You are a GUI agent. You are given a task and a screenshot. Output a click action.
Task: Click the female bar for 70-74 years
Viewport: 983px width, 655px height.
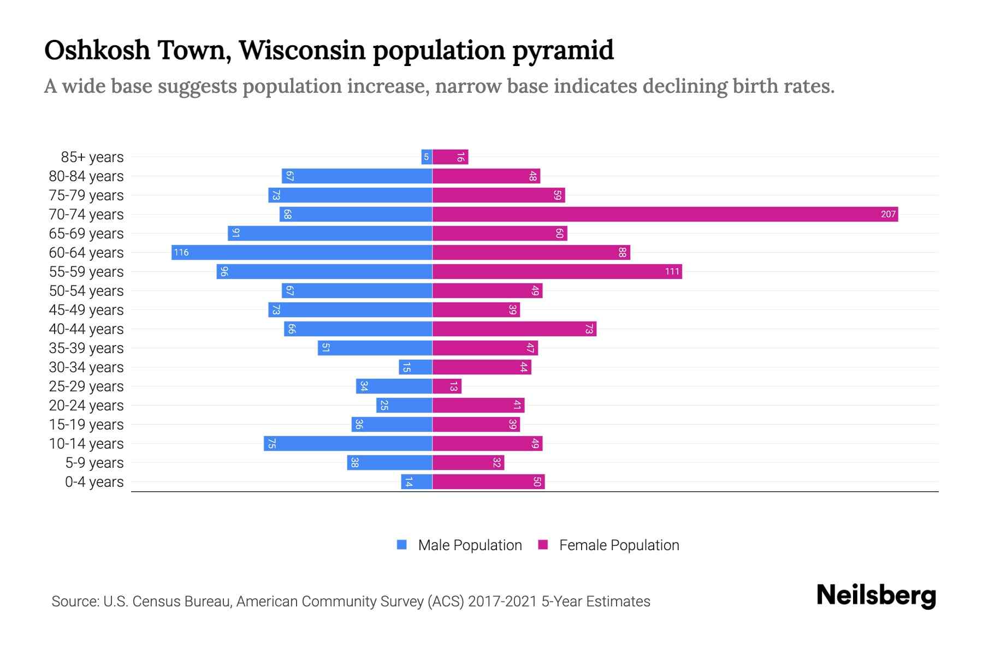point(665,214)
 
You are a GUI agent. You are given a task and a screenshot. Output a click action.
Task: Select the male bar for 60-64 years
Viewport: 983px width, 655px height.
point(302,252)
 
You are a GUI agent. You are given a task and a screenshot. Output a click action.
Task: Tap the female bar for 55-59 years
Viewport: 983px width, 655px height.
point(557,271)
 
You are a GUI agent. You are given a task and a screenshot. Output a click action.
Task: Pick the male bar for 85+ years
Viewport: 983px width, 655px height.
point(427,157)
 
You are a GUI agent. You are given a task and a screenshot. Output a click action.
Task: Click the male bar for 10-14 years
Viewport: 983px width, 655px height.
point(348,443)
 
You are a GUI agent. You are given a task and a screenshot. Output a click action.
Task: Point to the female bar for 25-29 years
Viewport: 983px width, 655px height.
point(447,386)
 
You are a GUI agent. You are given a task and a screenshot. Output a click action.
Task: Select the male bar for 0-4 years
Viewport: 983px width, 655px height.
point(417,481)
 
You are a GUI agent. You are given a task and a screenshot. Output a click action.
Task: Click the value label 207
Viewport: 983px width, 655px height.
point(888,214)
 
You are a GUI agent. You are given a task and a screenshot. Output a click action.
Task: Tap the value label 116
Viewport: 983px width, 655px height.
point(181,252)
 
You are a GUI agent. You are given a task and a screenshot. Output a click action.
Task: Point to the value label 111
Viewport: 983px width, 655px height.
point(672,271)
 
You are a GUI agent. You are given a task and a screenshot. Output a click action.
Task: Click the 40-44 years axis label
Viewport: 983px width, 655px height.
point(86,329)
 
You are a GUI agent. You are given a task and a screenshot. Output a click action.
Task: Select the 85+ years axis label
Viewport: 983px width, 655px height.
point(92,157)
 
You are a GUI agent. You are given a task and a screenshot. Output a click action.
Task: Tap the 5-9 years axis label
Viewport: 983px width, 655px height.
point(94,463)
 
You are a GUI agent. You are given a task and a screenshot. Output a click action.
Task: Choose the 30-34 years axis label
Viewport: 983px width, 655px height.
point(86,367)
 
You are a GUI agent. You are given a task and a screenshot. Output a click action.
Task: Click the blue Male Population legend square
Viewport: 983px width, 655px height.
point(402,545)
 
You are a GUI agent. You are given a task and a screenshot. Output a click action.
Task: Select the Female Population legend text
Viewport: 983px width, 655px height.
point(619,545)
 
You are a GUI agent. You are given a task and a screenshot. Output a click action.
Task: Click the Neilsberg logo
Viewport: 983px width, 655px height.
point(876,596)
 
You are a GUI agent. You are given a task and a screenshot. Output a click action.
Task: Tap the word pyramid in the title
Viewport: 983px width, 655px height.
point(563,50)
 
